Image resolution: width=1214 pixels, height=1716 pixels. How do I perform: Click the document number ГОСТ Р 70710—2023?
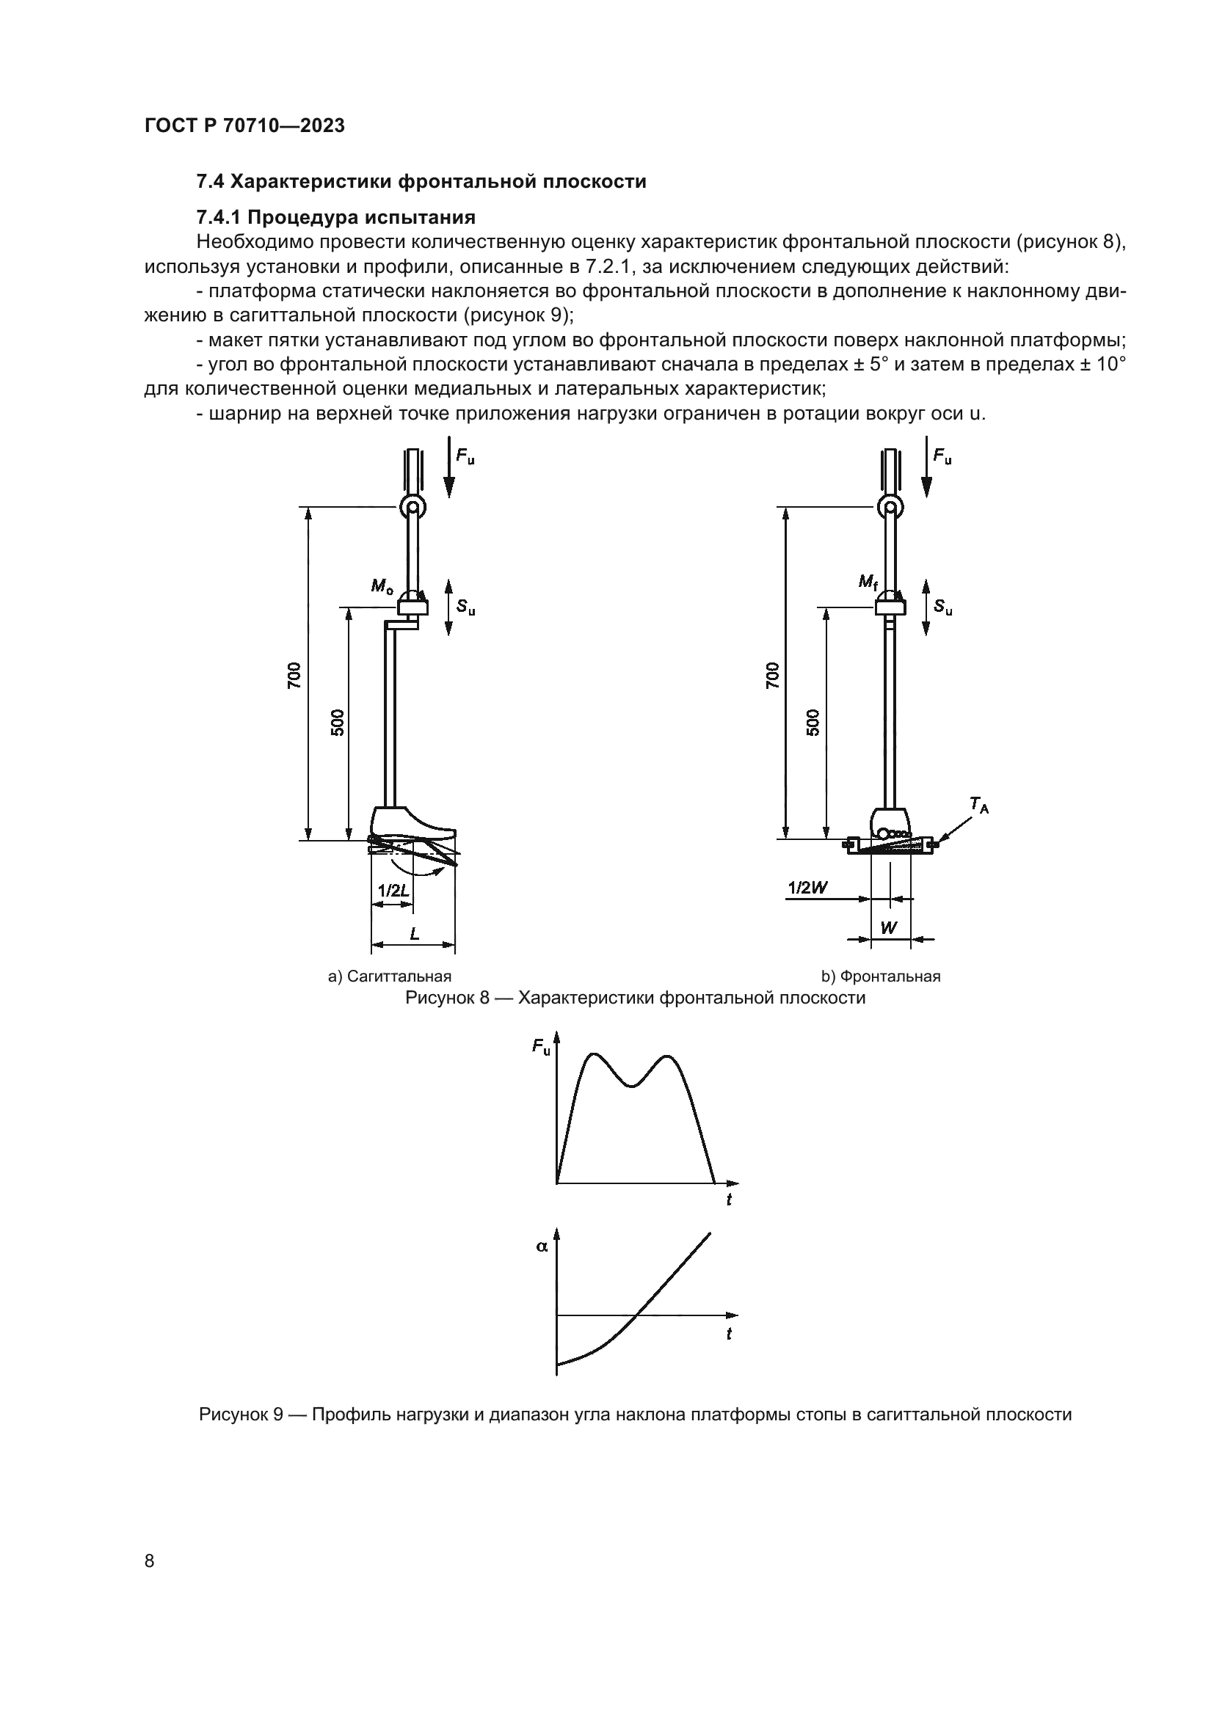click(x=244, y=125)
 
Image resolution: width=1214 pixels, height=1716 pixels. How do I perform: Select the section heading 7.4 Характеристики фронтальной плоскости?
click(x=421, y=182)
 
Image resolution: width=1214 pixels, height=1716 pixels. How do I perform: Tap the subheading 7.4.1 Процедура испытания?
click(x=335, y=217)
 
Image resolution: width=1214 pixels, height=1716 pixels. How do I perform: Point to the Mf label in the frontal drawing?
click(x=867, y=582)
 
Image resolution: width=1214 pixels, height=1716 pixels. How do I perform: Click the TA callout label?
click(x=978, y=805)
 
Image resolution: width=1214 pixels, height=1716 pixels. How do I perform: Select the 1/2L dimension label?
click(x=393, y=890)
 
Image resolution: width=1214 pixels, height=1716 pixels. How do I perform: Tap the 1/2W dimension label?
click(x=808, y=888)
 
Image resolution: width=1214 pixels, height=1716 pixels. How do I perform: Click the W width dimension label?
click(x=888, y=928)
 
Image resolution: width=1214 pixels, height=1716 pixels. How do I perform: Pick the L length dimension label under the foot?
click(x=414, y=933)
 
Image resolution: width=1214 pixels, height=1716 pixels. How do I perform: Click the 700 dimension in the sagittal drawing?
click(x=294, y=675)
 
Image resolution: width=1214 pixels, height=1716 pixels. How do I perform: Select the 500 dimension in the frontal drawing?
click(x=813, y=722)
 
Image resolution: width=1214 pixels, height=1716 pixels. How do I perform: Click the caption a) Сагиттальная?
click(x=390, y=976)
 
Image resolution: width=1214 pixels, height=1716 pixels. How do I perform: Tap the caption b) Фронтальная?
click(x=881, y=976)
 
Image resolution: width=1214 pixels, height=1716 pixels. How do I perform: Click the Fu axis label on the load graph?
click(x=540, y=1046)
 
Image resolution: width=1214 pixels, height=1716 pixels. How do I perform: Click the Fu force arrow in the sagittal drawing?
click(x=448, y=471)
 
